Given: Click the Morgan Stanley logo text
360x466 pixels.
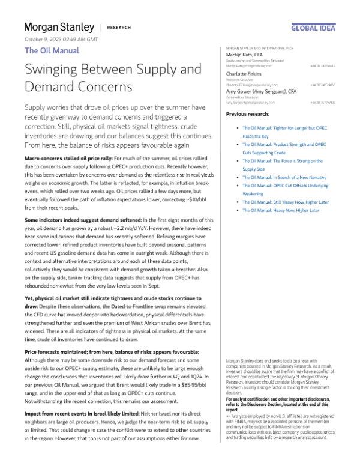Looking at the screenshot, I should coord(59,28).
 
